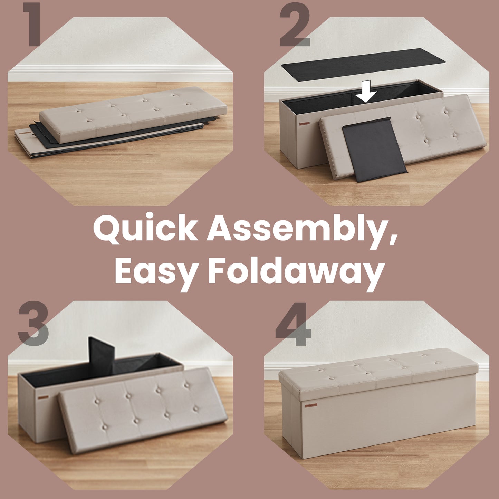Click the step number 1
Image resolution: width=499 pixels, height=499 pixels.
32,25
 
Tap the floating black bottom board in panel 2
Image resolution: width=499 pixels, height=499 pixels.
363,65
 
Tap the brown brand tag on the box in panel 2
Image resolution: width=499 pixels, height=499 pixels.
304,124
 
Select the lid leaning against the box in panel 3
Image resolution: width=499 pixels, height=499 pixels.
143,411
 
